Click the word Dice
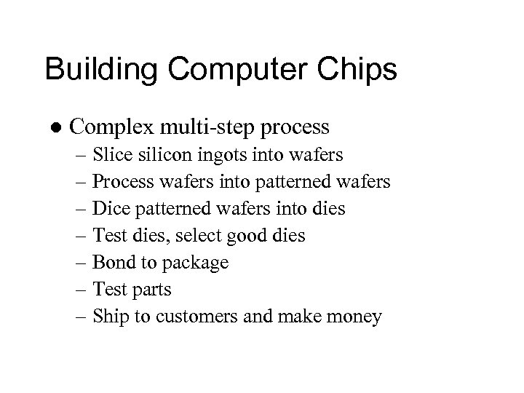point(111,209)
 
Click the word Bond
point(112,263)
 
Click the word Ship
point(111,317)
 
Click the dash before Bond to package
point(82,263)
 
